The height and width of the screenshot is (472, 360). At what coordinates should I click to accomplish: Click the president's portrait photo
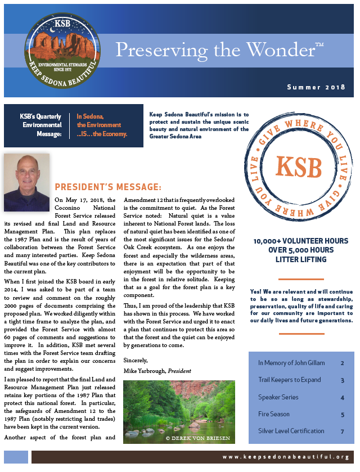click(x=26, y=182)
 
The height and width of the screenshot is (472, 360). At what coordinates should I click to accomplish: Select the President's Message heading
click(x=108, y=187)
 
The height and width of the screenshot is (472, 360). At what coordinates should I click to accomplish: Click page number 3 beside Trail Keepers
click(x=342, y=380)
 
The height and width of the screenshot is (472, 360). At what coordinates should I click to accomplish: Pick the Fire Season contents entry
click(x=274, y=414)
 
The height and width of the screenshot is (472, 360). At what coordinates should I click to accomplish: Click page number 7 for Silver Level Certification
click(x=342, y=431)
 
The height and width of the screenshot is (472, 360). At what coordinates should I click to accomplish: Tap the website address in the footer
click(x=286, y=457)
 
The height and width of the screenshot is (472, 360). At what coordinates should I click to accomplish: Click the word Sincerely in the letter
click(x=136, y=360)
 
